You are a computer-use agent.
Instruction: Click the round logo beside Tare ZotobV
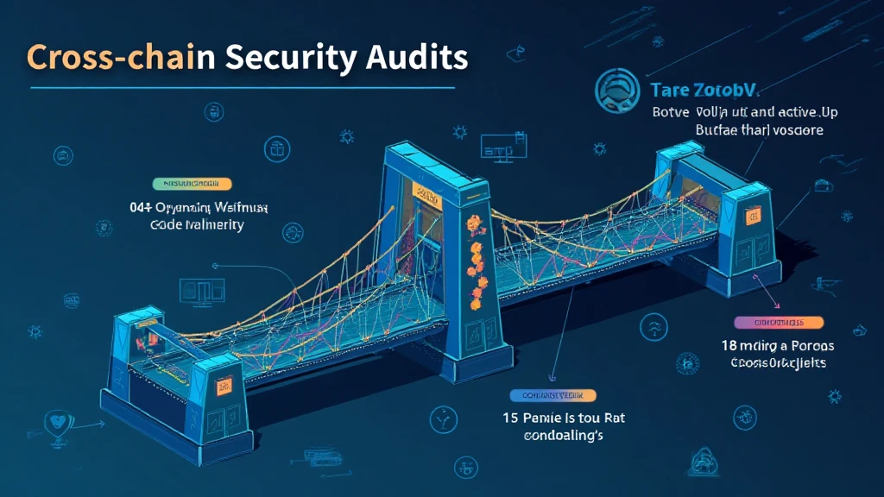click(x=615, y=90)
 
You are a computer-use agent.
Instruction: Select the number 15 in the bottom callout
click(x=510, y=418)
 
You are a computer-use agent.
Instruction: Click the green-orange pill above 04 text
click(x=192, y=184)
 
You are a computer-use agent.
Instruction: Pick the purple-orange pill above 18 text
click(x=769, y=322)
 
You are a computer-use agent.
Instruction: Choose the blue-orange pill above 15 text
click(x=553, y=395)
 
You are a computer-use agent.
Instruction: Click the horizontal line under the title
click(x=242, y=87)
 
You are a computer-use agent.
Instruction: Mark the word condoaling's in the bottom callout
click(x=563, y=436)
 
